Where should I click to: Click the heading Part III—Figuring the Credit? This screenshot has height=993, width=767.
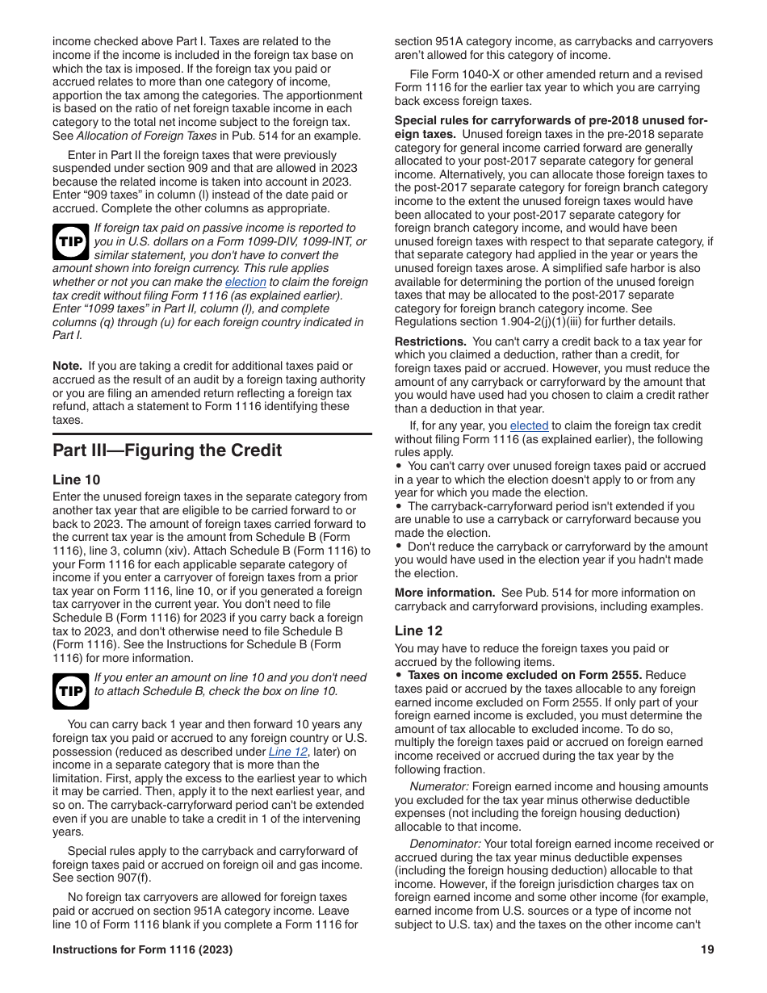click(x=167, y=450)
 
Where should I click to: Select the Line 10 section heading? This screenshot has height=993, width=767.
click(x=77, y=480)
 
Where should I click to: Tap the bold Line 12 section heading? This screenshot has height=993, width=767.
click(x=418, y=631)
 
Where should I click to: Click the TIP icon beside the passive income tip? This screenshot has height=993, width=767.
click(x=71, y=241)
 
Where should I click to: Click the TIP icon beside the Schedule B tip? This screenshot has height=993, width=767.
click(x=71, y=691)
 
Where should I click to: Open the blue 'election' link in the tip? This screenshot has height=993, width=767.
click(x=245, y=282)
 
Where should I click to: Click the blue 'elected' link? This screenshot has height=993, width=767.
click(x=529, y=425)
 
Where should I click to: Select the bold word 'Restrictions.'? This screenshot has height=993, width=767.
click(x=430, y=341)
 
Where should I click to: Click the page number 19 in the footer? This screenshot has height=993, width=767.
click(x=707, y=950)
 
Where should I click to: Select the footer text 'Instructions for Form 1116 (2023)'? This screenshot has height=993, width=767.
click(x=142, y=950)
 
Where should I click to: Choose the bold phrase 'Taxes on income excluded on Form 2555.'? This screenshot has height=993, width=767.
click(x=525, y=675)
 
